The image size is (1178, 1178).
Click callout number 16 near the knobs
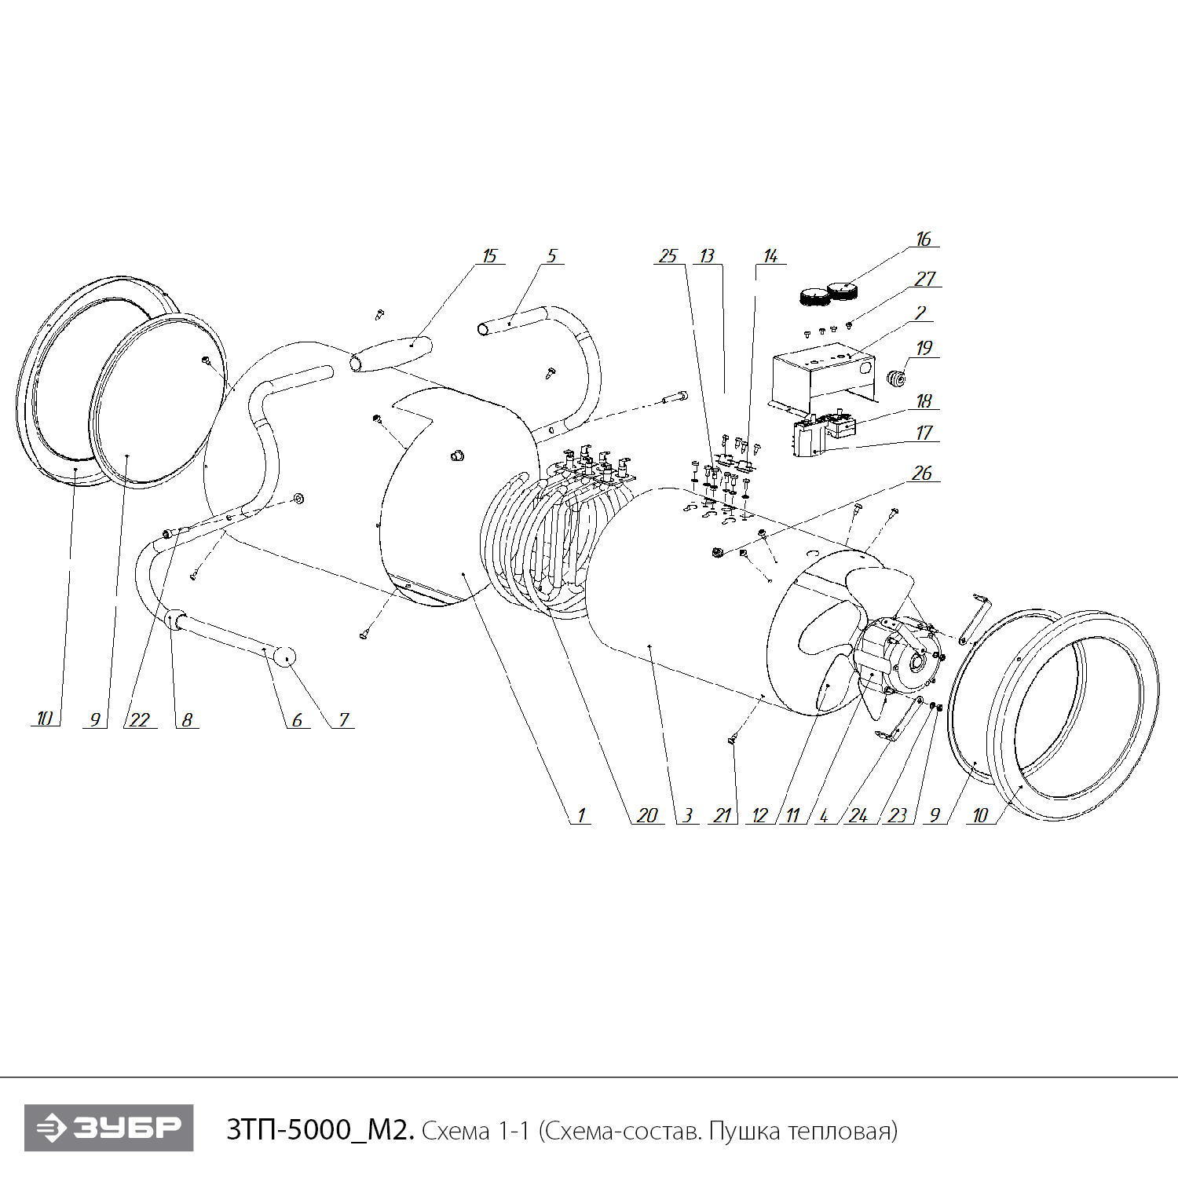click(x=924, y=239)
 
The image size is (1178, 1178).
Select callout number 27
click(x=925, y=279)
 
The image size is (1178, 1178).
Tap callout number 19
click(x=924, y=347)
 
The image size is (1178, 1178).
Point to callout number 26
click(x=922, y=473)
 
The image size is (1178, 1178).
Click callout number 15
click(x=490, y=256)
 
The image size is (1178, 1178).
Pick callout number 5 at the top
click(x=551, y=256)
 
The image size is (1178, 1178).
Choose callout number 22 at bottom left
click(x=140, y=719)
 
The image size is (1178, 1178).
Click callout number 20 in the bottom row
click(x=647, y=815)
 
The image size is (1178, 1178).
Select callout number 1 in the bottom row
click(x=581, y=815)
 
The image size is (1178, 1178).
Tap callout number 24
click(x=858, y=815)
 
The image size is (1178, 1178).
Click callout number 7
click(x=343, y=719)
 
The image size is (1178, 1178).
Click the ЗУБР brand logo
click(x=108, y=1129)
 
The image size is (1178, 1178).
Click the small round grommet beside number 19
click(x=896, y=379)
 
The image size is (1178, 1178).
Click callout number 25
click(x=668, y=256)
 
